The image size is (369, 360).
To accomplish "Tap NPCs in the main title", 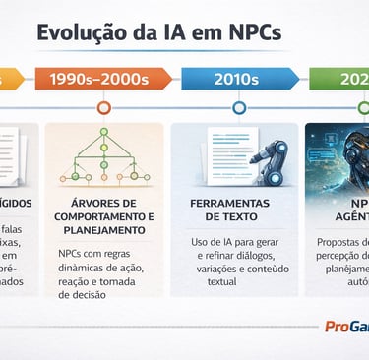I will coord(248,33).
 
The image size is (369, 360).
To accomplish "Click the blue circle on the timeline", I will coord(238,108).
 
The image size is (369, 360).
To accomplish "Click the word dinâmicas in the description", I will coord(74,265).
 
